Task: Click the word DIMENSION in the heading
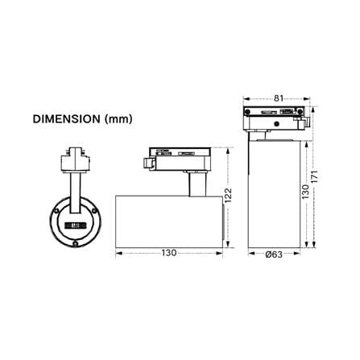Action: coord(66,119)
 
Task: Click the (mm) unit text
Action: coord(118,119)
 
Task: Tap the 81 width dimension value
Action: coord(279,98)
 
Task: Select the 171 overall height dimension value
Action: coord(315,176)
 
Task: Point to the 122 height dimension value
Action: coord(228,196)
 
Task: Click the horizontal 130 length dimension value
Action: coord(169,253)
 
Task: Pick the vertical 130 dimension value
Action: coord(306,192)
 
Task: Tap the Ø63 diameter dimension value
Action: coord(274,254)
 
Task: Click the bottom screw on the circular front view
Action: coord(76,243)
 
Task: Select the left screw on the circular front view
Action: coord(56,211)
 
